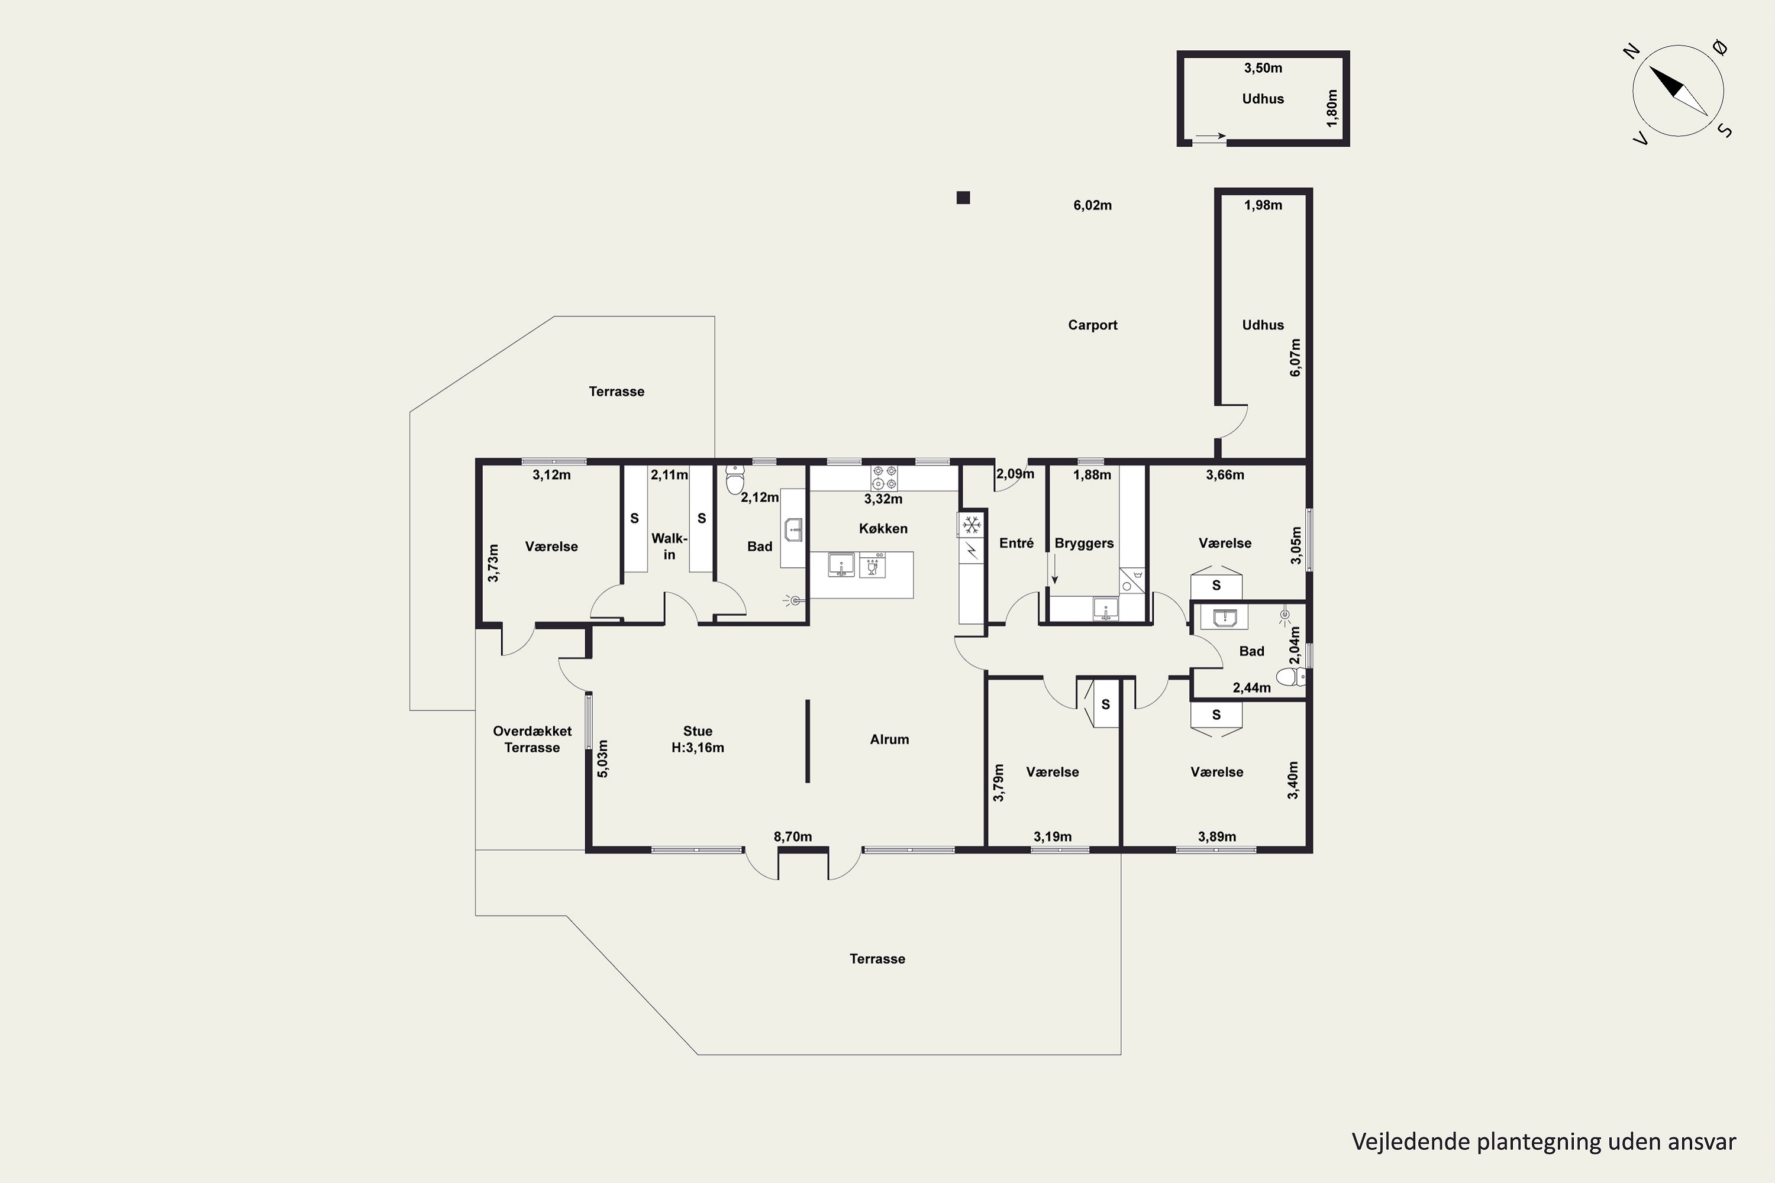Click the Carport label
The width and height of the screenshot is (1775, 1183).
point(1092,325)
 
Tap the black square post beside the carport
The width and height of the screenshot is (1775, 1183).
point(963,198)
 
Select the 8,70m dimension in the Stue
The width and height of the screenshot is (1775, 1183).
point(792,837)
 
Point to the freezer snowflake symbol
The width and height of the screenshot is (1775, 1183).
point(972,524)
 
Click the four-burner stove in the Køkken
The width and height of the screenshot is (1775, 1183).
point(885,477)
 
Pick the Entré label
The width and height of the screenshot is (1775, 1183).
point(1016,543)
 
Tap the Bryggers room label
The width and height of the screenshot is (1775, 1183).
point(1084,543)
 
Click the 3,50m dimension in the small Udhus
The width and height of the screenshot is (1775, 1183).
point(1263,68)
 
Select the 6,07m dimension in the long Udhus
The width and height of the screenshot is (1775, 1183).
point(1295,358)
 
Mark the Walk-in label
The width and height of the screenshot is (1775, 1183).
point(669,546)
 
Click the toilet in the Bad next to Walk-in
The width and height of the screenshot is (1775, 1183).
point(734,479)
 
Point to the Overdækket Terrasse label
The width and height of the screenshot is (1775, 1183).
point(532,739)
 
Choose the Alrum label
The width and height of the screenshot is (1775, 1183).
point(889,739)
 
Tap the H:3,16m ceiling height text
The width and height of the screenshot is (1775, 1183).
point(698,748)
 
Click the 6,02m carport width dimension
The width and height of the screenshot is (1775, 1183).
point(1092,205)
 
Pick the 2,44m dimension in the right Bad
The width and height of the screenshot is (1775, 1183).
point(1251,687)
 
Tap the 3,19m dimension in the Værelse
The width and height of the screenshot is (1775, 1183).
point(1052,837)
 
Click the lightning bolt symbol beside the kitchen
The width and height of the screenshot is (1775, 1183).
point(972,551)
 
